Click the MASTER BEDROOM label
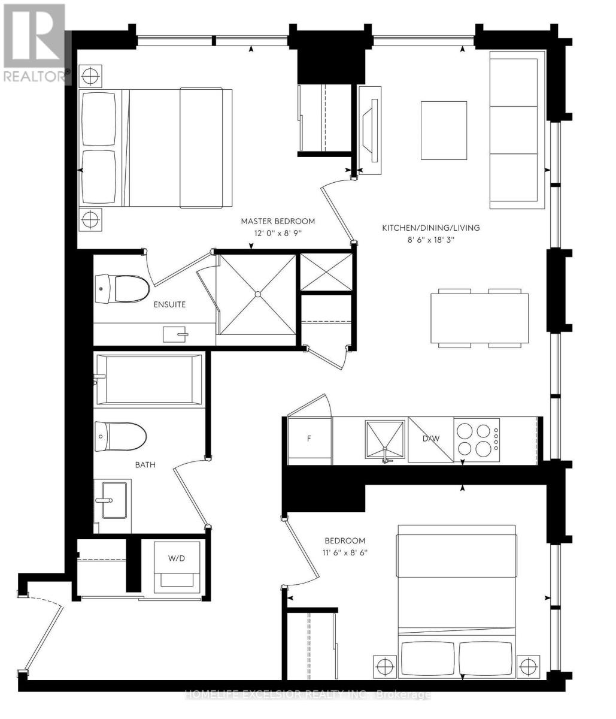click(278, 221)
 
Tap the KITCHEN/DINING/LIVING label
click(430, 228)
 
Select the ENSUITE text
click(169, 304)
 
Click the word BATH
click(145, 465)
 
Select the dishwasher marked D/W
click(431, 440)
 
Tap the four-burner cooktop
click(477, 440)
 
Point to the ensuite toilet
click(122, 289)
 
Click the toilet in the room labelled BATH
click(120, 437)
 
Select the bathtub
click(149, 379)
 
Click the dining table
click(480, 318)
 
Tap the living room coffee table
click(444, 131)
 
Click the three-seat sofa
click(517, 130)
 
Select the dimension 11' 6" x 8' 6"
click(345, 552)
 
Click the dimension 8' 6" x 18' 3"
click(431, 240)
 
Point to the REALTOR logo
click(34, 43)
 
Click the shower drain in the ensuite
click(257, 294)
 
